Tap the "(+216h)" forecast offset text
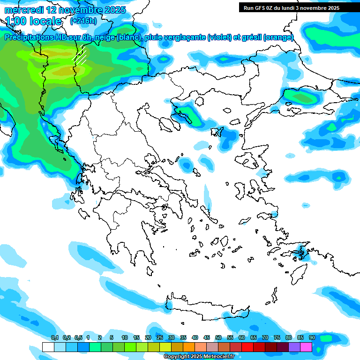pyautogui.click(x=83, y=21)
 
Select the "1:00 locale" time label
pyautogui.click(x=33, y=21)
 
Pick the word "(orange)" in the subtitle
pyautogui.click(x=279, y=37)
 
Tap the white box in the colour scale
pyautogui.click(x=48, y=347)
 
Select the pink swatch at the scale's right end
pyautogui.click(x=306, y=347)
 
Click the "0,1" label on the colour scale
pyautogui.click(x=54, y=337)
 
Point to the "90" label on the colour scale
pyautogui.click(x=312, y=337)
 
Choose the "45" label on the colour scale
pyautogui.click(x=207, y=337)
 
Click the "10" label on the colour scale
pyautogui.click(x=124, y=337)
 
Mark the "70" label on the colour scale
pyautogui.click(x=265, y=337)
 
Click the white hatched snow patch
pyautogui.click(x=81, y=56)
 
